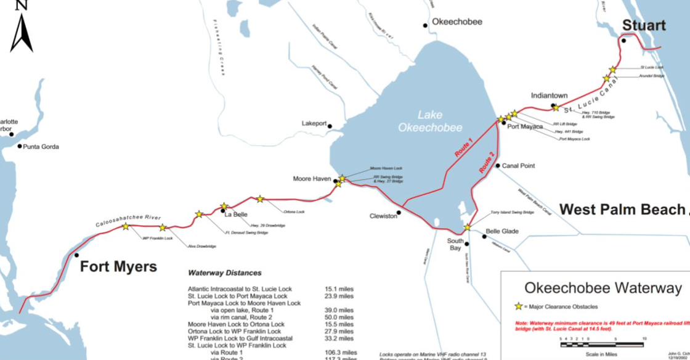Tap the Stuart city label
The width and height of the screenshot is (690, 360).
pos(643,25)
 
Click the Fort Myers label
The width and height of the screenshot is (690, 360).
pos(118,267)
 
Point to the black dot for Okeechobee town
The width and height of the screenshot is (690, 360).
pos(425,25)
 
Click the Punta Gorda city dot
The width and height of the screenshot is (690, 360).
pos(20,147)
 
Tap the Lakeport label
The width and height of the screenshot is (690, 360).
pos(314,124)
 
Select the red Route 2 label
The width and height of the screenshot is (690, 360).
pos(487,161)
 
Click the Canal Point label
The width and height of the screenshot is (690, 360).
pos(518,166)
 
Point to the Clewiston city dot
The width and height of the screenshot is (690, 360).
pos(399,213)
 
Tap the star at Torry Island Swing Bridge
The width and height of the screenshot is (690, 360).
pos(467,227)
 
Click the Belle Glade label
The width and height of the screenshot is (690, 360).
pos(502,232)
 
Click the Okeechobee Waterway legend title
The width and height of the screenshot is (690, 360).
pos(603,288)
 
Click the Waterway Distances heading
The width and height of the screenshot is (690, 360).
pos(224,272)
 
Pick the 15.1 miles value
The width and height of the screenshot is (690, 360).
pos(339,288)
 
